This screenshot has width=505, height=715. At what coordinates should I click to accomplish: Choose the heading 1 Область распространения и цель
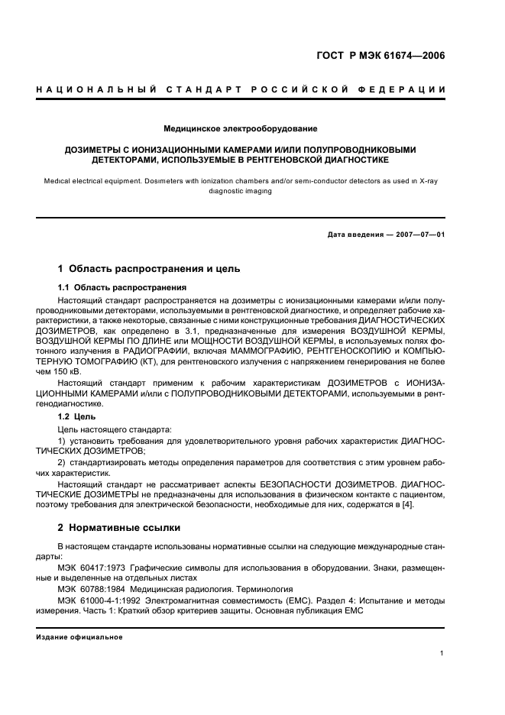(149, 269)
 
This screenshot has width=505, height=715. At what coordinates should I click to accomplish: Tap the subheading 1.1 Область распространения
(122, 287)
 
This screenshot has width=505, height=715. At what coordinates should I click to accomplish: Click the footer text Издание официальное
(79, 637)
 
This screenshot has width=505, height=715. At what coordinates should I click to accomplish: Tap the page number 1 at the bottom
(442, 653)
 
